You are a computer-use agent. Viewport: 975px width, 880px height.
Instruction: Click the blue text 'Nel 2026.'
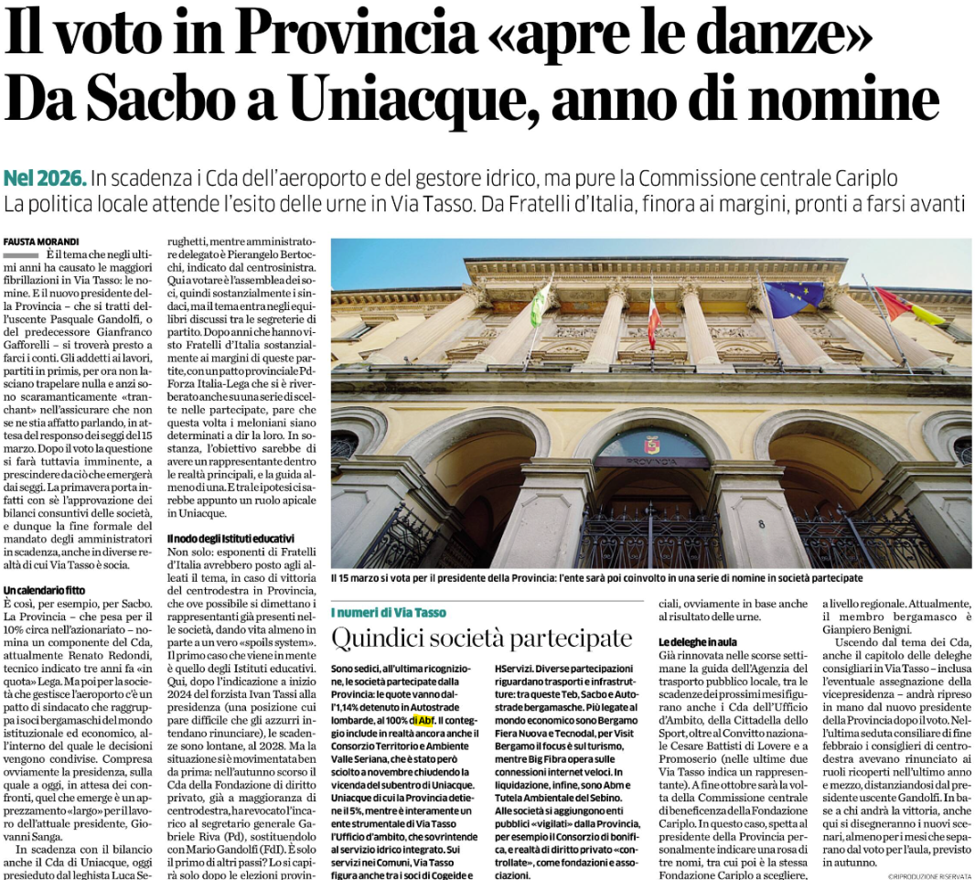[46, 177]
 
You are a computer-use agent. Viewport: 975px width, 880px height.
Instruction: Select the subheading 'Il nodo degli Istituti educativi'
[230, 539]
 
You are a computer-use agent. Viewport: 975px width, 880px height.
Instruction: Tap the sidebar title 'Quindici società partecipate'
[481, 639]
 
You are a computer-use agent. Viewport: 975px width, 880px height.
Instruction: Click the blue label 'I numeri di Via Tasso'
[389, 612]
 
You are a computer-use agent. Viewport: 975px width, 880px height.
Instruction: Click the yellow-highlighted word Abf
[424, 722]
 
